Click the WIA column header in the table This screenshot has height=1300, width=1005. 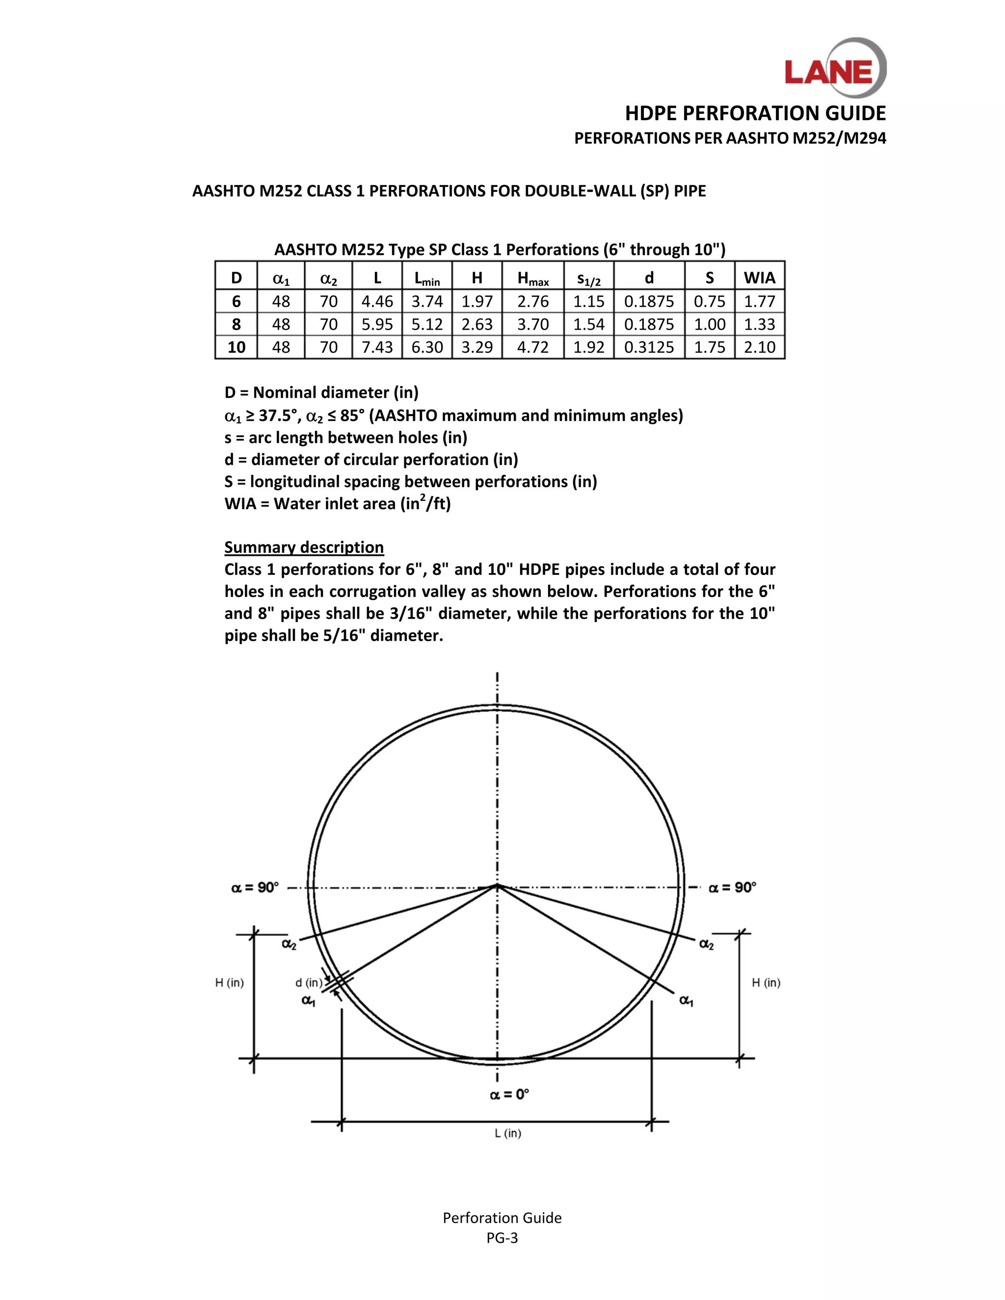click(x=759, y=278)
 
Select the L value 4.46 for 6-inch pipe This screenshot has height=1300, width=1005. click(x=377, y=302)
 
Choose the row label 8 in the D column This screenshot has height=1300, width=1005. click(x=237, y=324)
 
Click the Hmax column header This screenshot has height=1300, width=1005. click(x=533, y=278)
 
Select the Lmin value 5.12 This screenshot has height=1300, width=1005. click(x=427, y=324)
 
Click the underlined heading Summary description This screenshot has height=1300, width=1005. click(x=304, y=547)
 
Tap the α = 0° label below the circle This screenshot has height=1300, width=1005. click(x=509, y=1094)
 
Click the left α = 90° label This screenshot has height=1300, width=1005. click(x=255, y=887)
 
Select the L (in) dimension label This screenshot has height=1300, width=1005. click(x=508, y=1133)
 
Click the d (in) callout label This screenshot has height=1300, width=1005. click(x=308, y=983)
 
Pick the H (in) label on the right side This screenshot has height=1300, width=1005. click(x=766, y=983)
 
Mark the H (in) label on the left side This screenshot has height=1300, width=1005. click(x=229, y=983)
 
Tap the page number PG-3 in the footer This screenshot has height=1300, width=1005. click(x=502, y=1238)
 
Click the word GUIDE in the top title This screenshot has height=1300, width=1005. click(x=851, y=113)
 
